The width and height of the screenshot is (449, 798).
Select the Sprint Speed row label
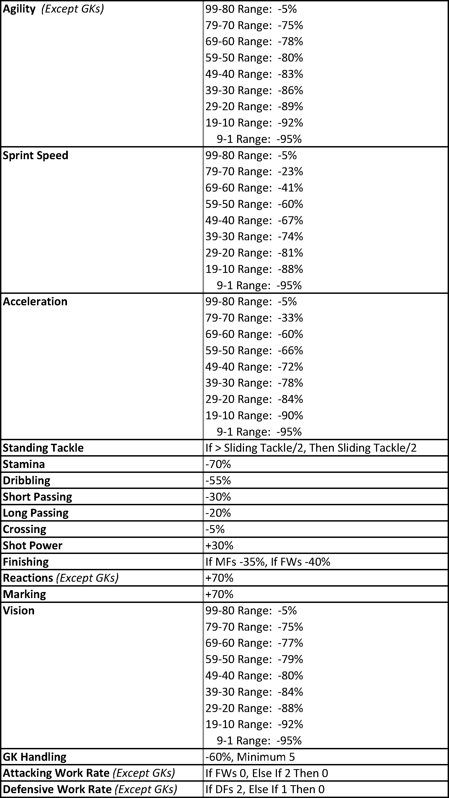[35, 155]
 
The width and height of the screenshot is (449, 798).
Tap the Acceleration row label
[35, 301]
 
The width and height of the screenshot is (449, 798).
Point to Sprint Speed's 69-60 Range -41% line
[254, 188]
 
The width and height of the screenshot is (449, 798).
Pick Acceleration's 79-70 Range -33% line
[254, 318]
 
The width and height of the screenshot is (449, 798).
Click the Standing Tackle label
[43, 448]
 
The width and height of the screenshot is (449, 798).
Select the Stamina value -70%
[218, 464]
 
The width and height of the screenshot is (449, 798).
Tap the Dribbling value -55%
[218, 480]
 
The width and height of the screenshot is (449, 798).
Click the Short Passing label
[37, 497]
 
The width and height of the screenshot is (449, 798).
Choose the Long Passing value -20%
[218, 513]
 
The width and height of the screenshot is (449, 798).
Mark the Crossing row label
[25, 529]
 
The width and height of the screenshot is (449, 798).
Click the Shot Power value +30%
[219, 546]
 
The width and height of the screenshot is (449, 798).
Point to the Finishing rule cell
[268, 562]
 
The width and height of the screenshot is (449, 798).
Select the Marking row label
[25, 594]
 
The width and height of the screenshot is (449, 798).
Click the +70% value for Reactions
[219, 578]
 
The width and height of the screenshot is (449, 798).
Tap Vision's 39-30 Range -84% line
[254, 692]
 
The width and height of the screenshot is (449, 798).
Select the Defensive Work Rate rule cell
[265, 789]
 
